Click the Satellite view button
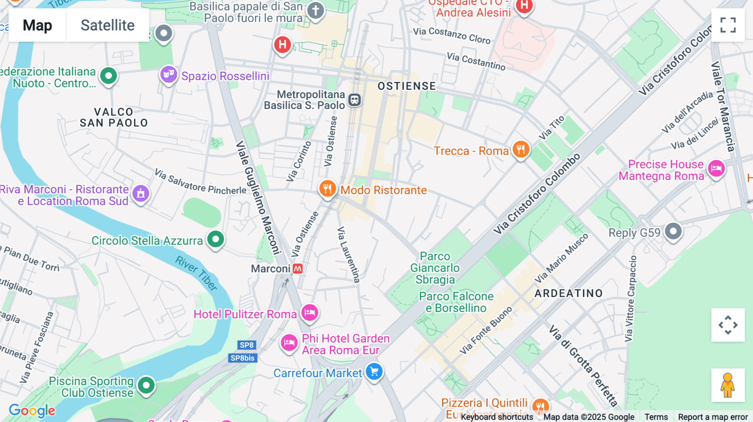point(108,25)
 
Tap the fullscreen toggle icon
point(728,25)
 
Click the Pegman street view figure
point(728,385)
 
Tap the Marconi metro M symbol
point(298,269)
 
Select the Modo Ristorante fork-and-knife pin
point(328,189)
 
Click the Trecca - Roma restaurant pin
point(521,149)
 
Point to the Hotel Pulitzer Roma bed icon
point(310,312)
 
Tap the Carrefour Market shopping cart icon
point(374,371)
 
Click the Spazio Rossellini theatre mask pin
point(169,74)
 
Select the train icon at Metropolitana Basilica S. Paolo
point(355,100)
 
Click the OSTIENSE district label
point(407,86)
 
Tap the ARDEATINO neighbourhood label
point(569,293)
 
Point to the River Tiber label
point(197,273)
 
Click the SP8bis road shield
point(243,358)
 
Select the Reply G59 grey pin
point(673,231)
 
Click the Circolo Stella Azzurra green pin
point(216,239)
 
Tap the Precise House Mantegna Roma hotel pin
point(716,169)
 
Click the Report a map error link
point(712,417)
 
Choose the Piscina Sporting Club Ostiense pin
point(146,385)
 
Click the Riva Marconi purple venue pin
point(141,193)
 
